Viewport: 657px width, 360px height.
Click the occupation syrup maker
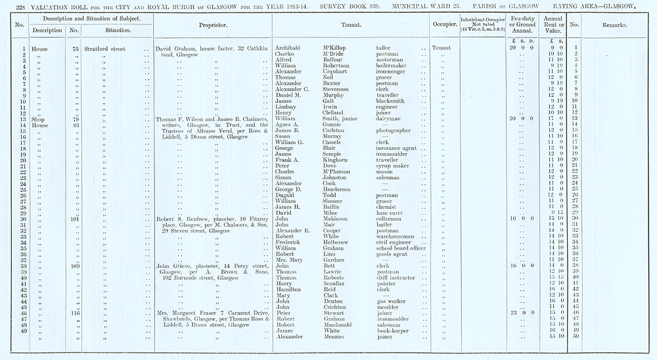(x=392, y=166)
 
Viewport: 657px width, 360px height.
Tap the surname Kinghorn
(x=336, y=160)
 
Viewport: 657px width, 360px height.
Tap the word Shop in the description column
(x=39, y=118)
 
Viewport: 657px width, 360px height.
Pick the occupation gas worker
(x=392, y=302)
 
